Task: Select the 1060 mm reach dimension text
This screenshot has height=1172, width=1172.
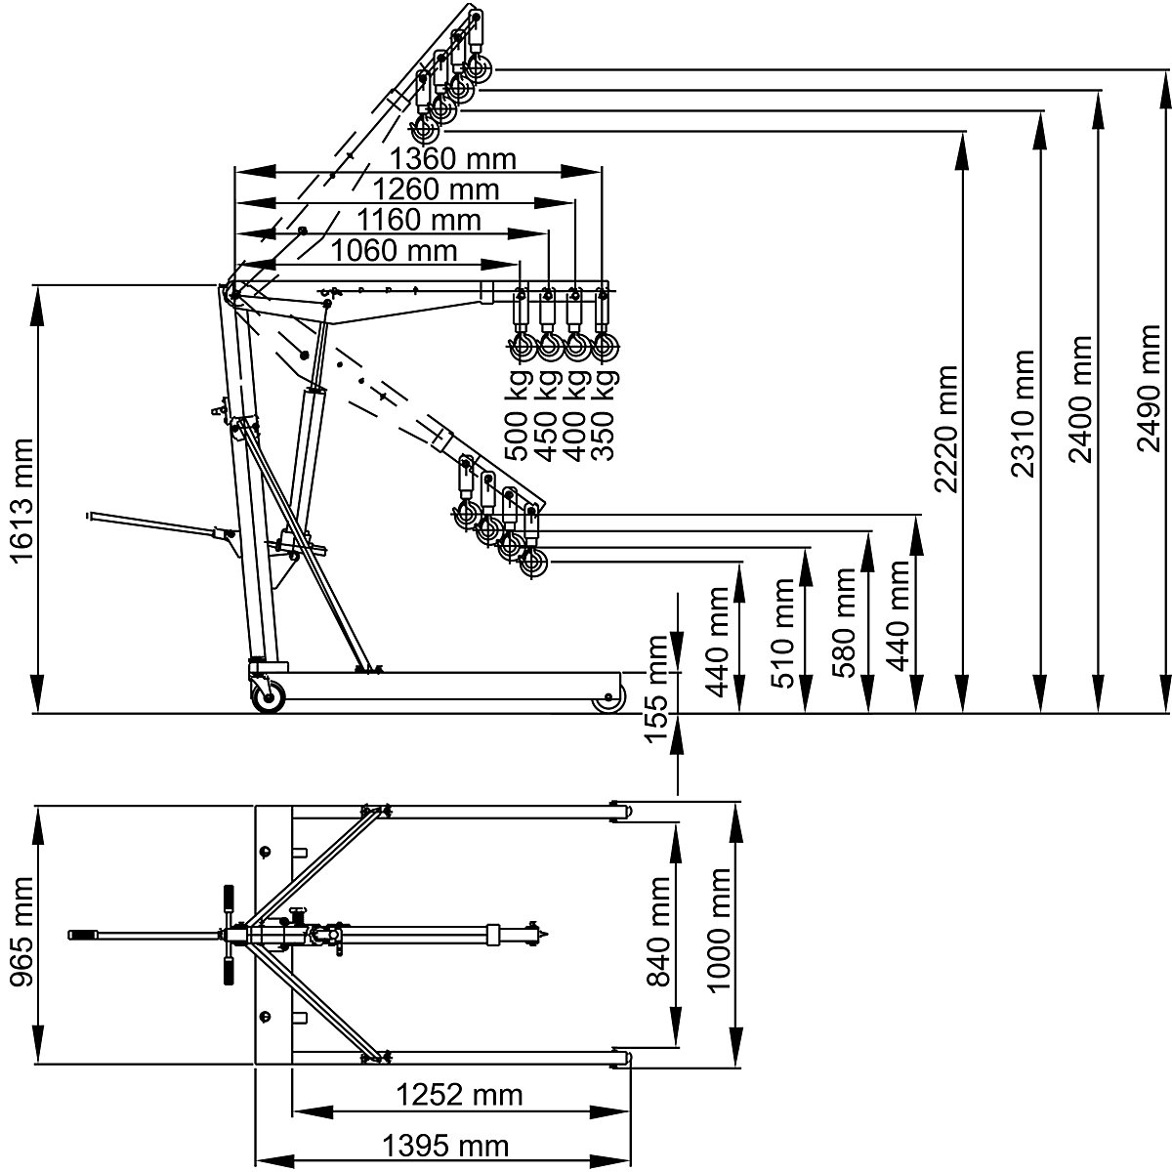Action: click(394, 251)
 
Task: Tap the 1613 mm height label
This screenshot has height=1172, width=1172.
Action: click(21, 501)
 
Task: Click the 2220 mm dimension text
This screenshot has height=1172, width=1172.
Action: click(944, 430)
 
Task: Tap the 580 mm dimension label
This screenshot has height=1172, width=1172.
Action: click(843, 623)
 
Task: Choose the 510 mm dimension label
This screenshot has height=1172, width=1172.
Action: click(783, 633)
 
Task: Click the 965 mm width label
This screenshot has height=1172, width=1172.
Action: click(21, 932)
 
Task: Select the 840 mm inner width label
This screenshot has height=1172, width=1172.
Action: click(659, 932)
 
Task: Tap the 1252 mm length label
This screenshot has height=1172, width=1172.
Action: click(459, 1095)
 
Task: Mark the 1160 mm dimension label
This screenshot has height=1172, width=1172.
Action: click(418, 220)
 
